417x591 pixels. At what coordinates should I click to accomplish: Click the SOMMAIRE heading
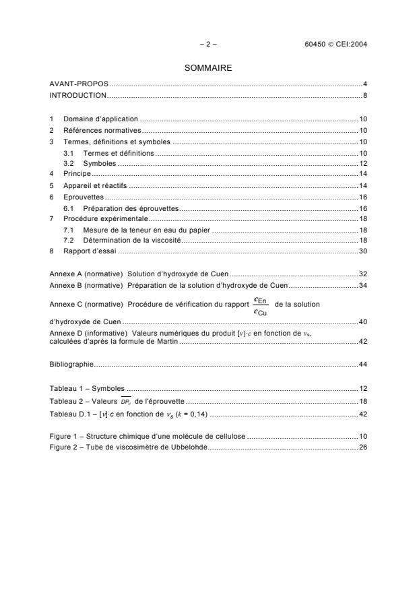(x=208, y=67)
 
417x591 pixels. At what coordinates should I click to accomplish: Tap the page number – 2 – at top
(x=208, y=44)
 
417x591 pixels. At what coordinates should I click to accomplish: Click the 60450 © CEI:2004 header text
(x=335, y=44)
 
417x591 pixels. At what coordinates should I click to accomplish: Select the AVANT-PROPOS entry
(x=78, y=84)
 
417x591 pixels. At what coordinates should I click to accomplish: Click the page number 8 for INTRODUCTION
(x=364, y=95)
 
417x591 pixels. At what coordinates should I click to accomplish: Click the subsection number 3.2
(x=68, y=163)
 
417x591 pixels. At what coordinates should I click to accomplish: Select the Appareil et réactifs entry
(x=95, y=185)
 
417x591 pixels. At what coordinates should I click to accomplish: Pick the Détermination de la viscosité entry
(x=132, y=241)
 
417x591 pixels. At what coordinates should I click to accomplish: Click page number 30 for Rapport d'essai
(x=362, y=251)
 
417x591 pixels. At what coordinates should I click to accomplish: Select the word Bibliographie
(x=71, y=365)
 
